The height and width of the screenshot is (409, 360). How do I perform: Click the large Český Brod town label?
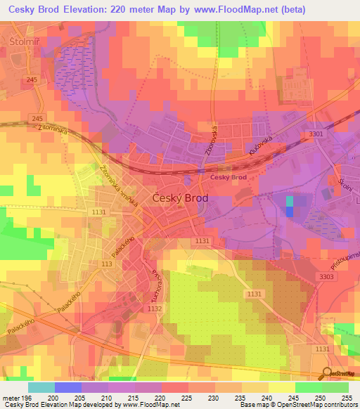180,199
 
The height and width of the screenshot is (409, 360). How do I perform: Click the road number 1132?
155,309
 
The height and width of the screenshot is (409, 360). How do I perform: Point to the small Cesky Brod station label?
228,177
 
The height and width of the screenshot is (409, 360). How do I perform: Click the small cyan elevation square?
290,202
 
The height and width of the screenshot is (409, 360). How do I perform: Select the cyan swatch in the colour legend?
41,387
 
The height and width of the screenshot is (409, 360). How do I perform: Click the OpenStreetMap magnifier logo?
327,372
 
